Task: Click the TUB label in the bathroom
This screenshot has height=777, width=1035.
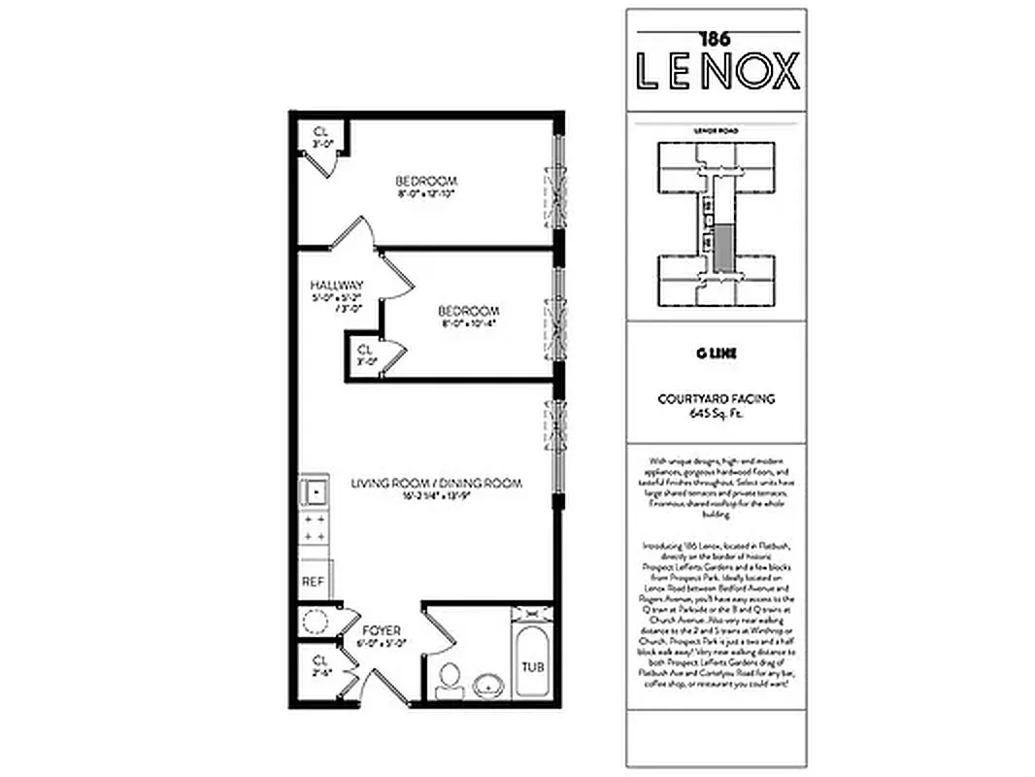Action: click(x=531, y=667)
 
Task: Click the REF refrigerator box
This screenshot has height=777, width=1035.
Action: click(x=313, y=582)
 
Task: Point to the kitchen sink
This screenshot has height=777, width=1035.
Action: click(x=314, y=493)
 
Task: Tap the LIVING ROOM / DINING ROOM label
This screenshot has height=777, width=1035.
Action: click(x=437, y=483)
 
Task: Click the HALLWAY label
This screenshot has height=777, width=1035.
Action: click(x=336, y=285)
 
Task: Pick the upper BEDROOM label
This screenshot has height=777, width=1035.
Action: click(x=425, y=181)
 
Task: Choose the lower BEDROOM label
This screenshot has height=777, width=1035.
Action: click(x=468, y=311)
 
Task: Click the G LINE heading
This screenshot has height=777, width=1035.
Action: click(x=717, y=355)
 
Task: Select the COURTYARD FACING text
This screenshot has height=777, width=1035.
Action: click(x=717, y=399)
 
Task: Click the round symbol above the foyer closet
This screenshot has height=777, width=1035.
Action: click(x=314, y=621)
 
